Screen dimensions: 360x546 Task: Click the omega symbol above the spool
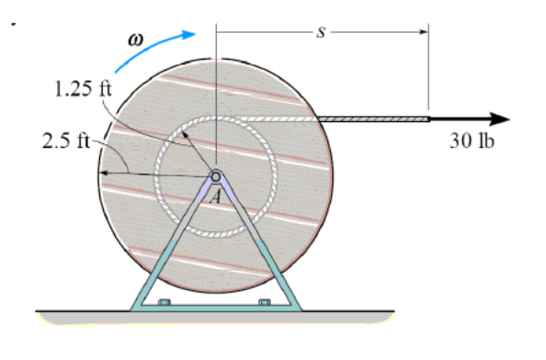click(x=137, y=40)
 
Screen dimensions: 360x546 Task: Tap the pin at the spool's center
click(x=215, y=176)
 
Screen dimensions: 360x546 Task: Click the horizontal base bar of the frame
click(x=215, y=307)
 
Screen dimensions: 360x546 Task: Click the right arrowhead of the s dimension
click(x=424, y=30)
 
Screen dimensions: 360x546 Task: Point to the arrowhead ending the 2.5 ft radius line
click(x=104, y=172)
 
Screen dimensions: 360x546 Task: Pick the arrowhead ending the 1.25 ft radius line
click(x=184, y=132)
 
